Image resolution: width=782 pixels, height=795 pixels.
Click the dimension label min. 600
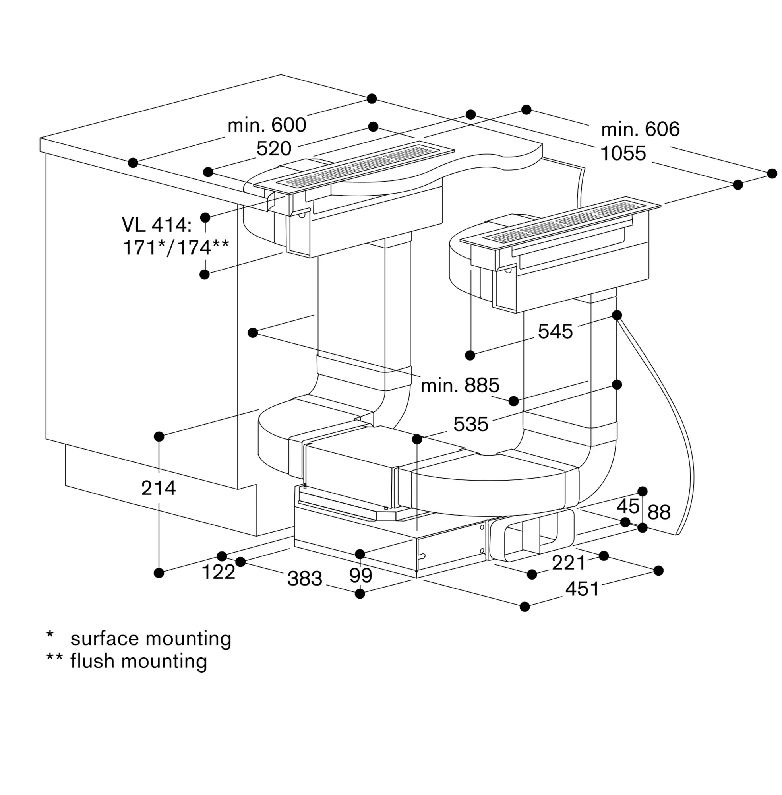pos(267,125)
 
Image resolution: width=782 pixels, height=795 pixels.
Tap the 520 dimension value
pos(274,148)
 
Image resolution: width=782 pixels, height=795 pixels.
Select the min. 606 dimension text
pos(640,129)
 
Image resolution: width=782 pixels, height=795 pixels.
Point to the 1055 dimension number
pos(623,153)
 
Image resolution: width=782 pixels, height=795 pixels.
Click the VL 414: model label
pos(157,225)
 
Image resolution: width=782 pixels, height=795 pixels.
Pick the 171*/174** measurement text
pos(176,248)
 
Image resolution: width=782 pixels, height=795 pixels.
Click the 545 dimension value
pos(555,331)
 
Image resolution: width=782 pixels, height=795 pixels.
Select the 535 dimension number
pos(471,424)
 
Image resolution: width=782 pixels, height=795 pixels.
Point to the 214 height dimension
pos(159,488)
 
